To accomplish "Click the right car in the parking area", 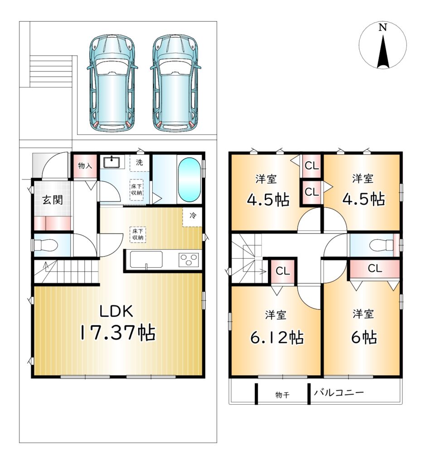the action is (x=176, y=83).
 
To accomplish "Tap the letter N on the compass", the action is (x=383, y=28).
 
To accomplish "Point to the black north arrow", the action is (x=383, y=52).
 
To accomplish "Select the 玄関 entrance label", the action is (x=53, y=200).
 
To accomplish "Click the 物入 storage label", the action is (x=85, y=166).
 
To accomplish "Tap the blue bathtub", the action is (x=190, y=180).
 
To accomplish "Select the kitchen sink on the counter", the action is (x=146, y=260).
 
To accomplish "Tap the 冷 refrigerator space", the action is (x=193, y=215).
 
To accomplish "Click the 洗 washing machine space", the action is (x=139, y=163).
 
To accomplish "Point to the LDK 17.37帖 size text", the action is (x=117, y=323).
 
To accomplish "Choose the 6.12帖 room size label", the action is (x=277, y=337).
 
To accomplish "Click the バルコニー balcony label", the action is (x=339, y=393).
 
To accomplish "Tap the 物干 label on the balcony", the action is (x=282, y=395).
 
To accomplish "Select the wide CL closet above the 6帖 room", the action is (x=375, y=269).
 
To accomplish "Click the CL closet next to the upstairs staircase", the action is (x=283, y=271).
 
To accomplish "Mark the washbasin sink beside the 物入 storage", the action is (x=111, y=162).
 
